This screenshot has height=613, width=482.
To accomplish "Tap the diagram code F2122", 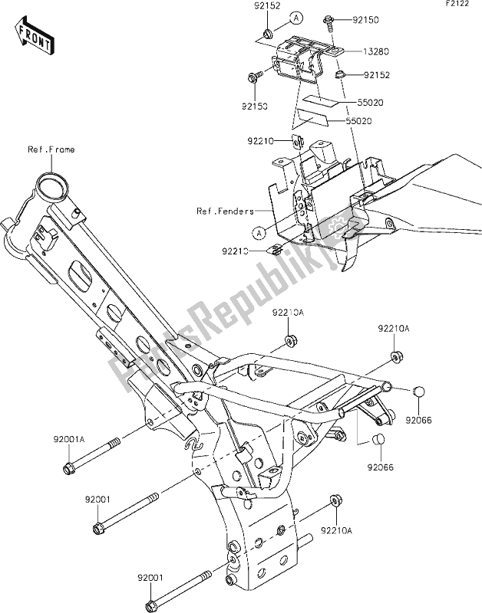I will pos(457,6).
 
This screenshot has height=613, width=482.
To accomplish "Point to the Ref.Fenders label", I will pos(223,211).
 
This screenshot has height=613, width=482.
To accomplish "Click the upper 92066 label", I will pos(420,420).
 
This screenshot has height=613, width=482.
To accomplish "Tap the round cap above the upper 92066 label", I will pos(419,394).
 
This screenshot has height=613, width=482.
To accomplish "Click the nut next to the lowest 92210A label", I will pos(336,501).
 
